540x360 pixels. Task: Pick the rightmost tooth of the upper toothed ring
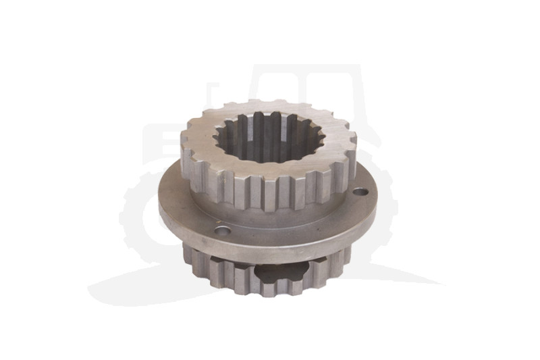(x=351, y=152)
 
